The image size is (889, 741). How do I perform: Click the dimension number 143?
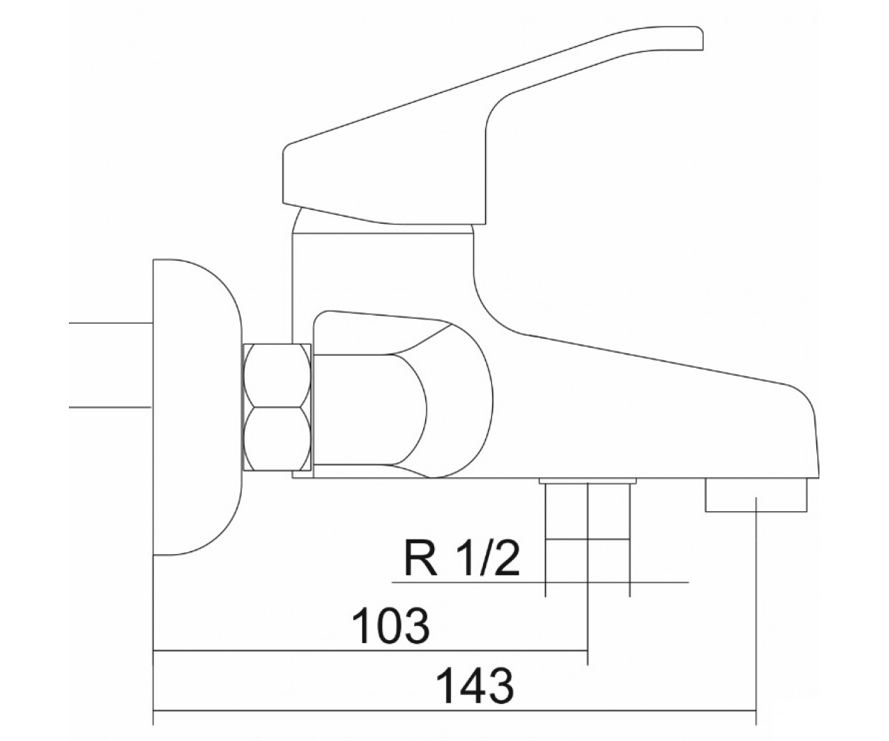pos(475,686)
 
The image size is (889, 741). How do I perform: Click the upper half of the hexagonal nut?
pos(277,376)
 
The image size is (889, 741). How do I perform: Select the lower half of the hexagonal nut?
pos(277,439)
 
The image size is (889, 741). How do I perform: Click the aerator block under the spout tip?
pos(756,494)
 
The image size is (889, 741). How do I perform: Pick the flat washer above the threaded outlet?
pos(588,480)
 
